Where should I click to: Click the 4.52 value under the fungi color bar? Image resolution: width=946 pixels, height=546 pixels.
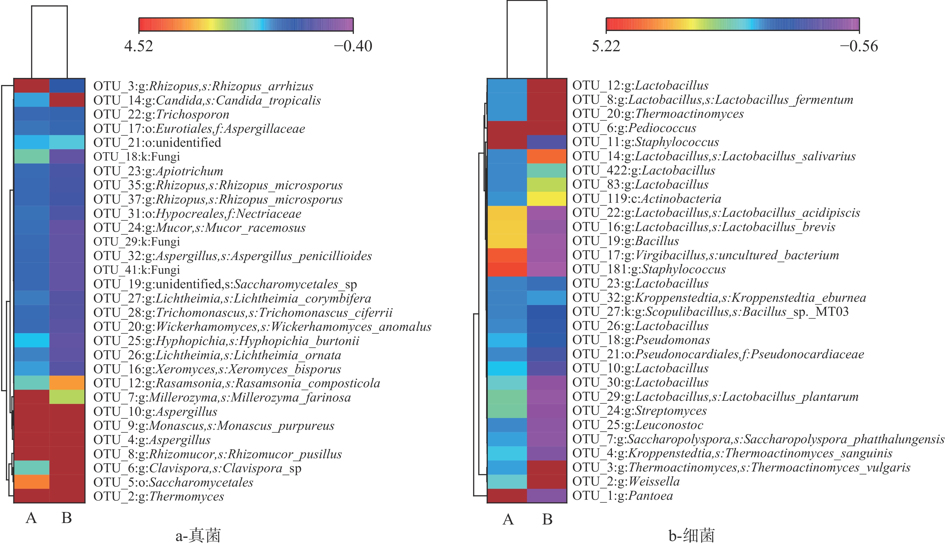click(139, 46)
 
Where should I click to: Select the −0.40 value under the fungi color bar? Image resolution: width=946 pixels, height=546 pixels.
click(353, 46)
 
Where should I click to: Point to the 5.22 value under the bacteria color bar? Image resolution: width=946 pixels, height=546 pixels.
click(606, 46)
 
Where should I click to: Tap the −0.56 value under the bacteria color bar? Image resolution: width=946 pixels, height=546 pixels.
click(859, 46)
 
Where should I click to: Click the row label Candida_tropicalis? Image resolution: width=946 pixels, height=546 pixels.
click(207, 100)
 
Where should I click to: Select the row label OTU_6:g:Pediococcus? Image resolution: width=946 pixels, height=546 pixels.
click(634, 128)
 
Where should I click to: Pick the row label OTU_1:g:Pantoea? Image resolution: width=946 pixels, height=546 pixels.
click(622, 496)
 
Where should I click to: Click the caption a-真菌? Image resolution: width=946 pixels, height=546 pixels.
click(198, 535)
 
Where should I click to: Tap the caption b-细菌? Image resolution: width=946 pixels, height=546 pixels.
click(691, 535)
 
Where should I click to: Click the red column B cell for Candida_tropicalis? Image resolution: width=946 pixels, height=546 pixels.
click(67, 100)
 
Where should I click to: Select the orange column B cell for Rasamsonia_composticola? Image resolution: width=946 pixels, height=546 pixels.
click(67, 383)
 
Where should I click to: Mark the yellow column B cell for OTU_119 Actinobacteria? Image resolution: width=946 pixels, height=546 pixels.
click(547, 199)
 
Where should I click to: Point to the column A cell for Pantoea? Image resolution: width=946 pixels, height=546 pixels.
click(507, 496)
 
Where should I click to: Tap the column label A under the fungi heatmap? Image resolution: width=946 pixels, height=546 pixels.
click(32, 518)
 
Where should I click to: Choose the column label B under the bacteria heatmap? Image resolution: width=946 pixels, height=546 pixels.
click(547, 519)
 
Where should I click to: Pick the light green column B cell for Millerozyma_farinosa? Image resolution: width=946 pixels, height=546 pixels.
click(67, 397)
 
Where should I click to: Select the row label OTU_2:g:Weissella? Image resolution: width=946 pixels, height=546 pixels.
click(626, 481)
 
